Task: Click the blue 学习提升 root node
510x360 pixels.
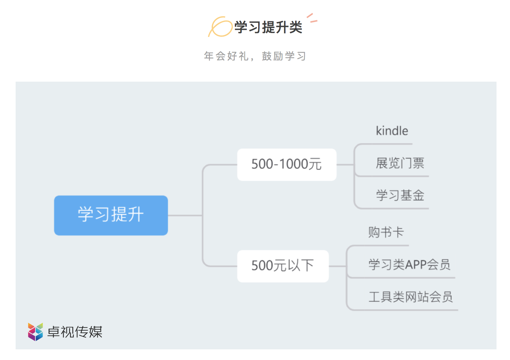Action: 111,215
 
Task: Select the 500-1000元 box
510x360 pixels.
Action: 287,164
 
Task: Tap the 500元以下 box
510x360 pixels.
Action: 283,266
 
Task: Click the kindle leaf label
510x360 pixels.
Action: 392,131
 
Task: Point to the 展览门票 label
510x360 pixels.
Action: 400,163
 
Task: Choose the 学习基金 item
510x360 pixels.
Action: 400,195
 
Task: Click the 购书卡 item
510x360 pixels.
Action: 386,232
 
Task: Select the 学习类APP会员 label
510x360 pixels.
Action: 409,264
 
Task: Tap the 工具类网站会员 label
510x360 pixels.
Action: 411,297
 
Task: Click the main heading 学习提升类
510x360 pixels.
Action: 268,27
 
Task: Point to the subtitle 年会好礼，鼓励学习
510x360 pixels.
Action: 255,56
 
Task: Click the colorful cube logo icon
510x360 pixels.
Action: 35,332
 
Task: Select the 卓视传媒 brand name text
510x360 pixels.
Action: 75,332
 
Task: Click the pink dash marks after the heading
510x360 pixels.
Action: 312,18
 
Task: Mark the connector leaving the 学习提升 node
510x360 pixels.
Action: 185,215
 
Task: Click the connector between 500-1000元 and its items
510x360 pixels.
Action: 345,164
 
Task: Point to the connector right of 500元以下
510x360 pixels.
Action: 338,266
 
